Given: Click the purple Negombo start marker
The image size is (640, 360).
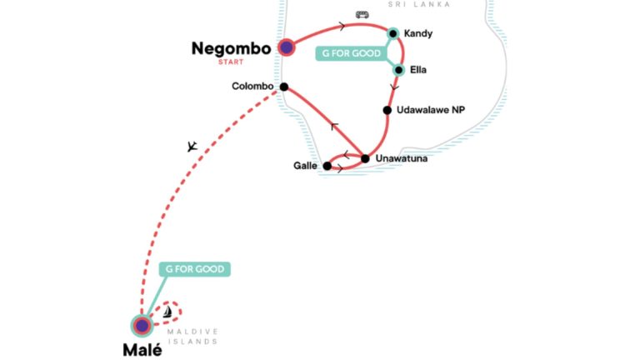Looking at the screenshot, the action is click(x=287, y=47).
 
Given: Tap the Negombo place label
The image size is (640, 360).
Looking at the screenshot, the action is click(x=231, y=48).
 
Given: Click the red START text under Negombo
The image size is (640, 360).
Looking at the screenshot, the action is click(x=231, y=62).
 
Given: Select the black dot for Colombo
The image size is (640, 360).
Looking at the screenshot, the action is click(x=284, y=87).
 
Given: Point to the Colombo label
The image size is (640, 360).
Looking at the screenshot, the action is click(x=252, y=86).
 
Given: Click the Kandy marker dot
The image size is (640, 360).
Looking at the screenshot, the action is click(x=393, y=33).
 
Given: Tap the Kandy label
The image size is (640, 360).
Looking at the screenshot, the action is click(x=418, y=33).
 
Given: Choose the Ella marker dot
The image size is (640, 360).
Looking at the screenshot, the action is click(x=399, y=70).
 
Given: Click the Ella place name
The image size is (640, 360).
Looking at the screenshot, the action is click(x=418, y=70).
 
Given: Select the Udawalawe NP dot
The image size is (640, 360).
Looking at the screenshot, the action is click(x=387, y=110).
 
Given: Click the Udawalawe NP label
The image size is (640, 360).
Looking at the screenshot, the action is click(x=431, y=110).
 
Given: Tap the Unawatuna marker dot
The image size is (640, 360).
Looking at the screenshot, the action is click(x=365, y=159).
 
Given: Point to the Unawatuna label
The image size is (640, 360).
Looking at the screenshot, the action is click(x=401, y=158).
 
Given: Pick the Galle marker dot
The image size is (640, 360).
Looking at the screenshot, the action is click(x=327, y=166).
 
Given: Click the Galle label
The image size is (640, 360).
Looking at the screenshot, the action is click(x=305, y=166).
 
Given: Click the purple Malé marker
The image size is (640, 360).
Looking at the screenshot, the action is click(x=142, y=326).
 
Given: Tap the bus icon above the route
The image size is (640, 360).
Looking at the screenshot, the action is click(x=362, y=15).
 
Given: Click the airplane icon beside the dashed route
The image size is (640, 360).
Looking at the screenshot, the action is click(x=192, y=147).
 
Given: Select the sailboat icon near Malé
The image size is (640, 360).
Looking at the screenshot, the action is click(x=167, y=312).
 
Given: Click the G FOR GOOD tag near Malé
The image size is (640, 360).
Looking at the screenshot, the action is click(x=195, y=269).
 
